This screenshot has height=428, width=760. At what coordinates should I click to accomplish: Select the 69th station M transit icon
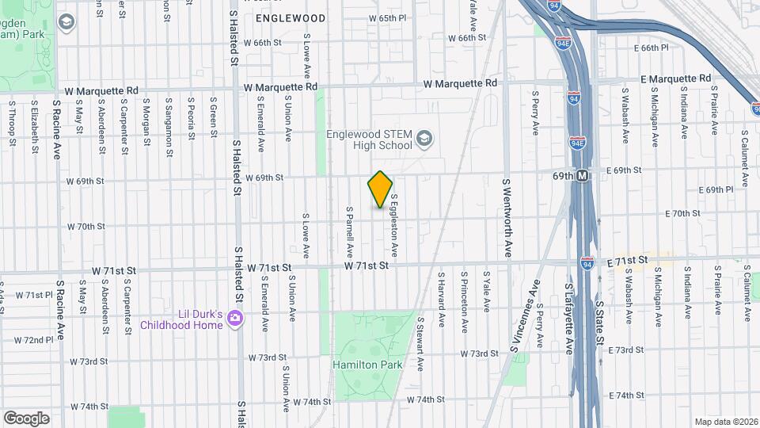583,175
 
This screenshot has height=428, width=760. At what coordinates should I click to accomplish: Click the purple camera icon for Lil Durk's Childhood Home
234,318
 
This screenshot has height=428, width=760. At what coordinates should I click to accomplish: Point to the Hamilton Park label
367,365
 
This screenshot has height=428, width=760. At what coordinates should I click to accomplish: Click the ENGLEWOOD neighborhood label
291,17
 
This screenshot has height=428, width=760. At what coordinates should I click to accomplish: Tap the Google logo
26,418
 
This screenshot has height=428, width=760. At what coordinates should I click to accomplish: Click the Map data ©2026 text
724,422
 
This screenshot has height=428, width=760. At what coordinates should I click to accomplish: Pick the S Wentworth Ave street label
507,218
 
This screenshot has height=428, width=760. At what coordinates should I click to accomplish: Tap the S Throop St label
11,124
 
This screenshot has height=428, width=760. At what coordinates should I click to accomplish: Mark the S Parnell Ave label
348,232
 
